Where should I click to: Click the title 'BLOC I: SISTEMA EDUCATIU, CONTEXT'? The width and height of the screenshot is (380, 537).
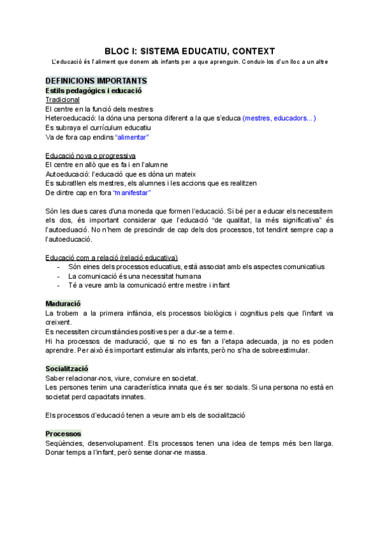tap(189, 51)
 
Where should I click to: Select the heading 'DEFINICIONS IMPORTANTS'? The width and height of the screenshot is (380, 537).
tap(96, 81)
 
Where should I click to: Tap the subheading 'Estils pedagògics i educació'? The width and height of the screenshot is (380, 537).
tap(93, 91)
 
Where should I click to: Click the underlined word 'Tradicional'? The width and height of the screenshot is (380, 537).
tap(63, 100)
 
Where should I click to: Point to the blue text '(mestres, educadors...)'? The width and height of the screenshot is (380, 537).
tap(279, 118)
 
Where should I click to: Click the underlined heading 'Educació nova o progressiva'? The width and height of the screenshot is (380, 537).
tap(90, 156)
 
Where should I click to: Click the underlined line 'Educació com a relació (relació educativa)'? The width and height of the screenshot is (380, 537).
tap(111, 258)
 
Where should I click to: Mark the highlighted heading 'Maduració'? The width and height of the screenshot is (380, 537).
tap(63, 304)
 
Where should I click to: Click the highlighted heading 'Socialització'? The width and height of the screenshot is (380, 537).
tap(66, 369)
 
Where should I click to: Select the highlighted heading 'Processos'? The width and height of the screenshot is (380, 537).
tap(63, 434)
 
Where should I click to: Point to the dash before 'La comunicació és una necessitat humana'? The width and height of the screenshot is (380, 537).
tap(58, 276)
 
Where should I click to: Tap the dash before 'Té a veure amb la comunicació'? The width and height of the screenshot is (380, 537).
tap(58, 286)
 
